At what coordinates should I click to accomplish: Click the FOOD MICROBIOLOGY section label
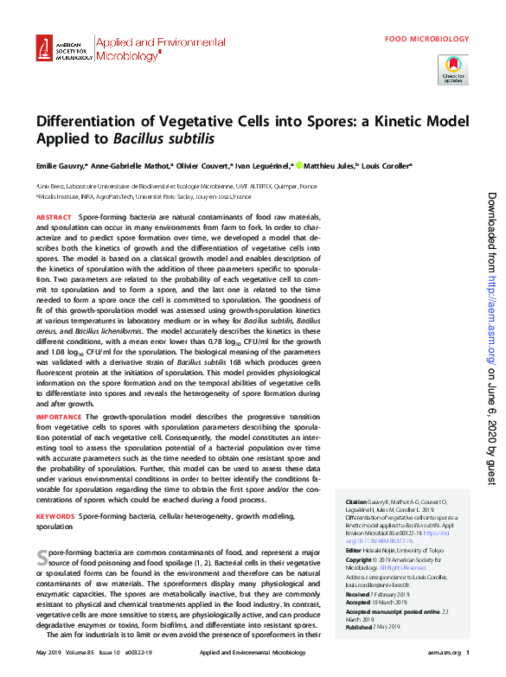(427, 39)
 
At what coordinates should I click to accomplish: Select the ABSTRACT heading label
(54, 217)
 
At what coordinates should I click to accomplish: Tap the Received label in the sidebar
(357, 594)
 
